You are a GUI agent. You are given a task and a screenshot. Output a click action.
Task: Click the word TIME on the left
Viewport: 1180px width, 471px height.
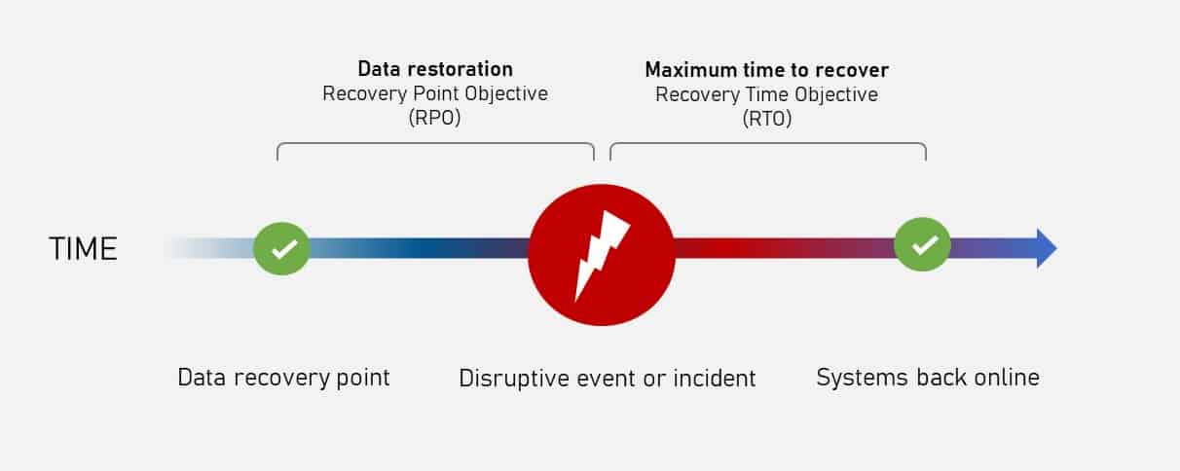[x=83, y=249]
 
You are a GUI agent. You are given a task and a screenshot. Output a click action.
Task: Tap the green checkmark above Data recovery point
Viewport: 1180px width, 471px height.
[x=282, y=248]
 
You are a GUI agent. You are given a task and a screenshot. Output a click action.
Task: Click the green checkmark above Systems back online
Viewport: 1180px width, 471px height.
[x=923, y=245]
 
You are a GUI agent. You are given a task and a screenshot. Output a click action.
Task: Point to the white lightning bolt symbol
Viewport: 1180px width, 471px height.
[x=600, y=255]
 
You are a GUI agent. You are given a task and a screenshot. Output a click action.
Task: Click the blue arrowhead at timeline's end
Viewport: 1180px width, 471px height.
[x=1046, y=248]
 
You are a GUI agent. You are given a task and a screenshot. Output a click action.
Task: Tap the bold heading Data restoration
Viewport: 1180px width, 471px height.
[x=435, y=69]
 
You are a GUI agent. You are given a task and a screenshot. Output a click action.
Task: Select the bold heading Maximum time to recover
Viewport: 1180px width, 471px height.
[x=766, y=69]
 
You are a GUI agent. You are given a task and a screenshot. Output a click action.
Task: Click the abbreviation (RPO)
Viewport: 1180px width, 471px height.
[x=435, y=119]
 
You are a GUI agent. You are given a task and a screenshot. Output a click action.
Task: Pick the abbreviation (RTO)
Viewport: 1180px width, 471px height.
[x=766, y=119]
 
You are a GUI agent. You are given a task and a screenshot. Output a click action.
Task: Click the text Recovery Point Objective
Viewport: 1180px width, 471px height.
[x=435, y=94]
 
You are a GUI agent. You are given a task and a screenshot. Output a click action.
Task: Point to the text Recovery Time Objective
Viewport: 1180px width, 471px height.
[x=766, y=94]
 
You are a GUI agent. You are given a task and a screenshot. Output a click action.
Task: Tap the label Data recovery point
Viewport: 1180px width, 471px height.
[x=283, y=378]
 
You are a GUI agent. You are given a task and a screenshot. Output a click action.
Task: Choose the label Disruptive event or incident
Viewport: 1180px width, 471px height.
[x=608, y=378]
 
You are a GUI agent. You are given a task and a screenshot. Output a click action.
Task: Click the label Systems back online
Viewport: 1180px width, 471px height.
[x=927, y=378]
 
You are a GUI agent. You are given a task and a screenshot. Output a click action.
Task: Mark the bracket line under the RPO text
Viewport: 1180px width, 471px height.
[x=435, y=144]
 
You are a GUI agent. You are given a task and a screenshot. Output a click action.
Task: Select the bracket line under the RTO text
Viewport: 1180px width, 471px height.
[x=767, y=144]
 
